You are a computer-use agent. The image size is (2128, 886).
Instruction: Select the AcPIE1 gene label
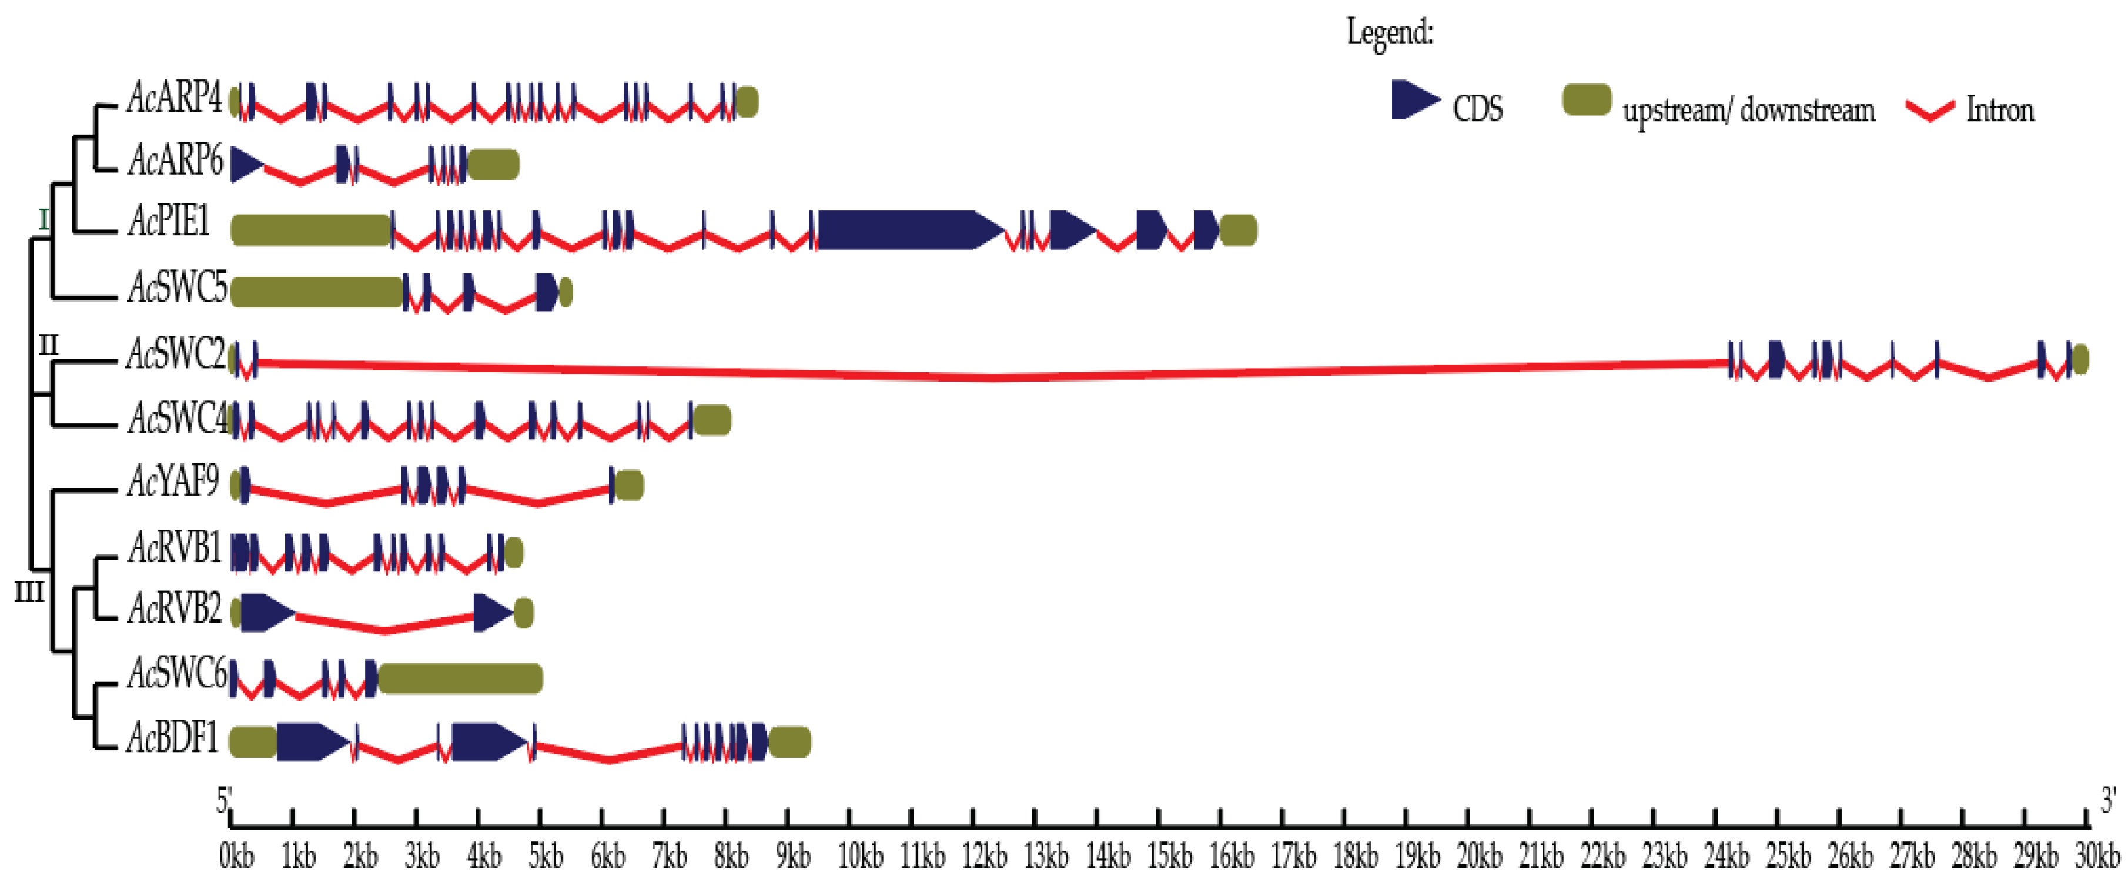169,222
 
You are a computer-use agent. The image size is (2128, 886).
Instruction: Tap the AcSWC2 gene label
176,355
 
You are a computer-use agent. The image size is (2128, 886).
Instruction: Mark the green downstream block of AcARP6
493,165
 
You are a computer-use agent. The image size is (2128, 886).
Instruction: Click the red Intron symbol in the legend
1930,110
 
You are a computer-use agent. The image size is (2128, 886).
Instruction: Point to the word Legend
1390,33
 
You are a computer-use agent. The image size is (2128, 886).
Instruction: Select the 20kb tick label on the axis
1478,856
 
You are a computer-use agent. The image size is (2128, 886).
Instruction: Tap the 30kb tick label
2097,856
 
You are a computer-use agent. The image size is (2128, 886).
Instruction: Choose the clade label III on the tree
29,592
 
